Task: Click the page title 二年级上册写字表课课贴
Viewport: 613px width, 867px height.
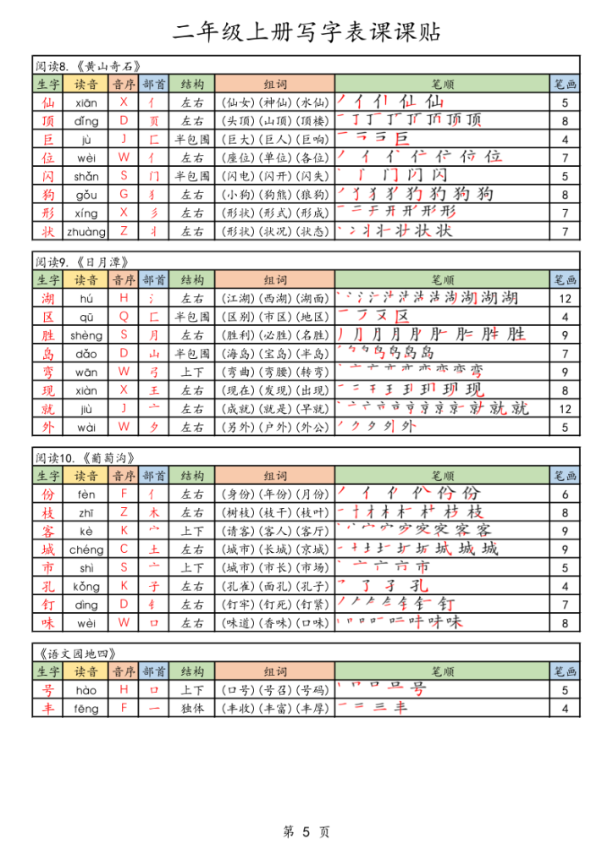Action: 306,33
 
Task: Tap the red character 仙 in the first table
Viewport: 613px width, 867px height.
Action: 47,102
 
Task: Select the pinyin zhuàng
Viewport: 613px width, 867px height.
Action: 86,231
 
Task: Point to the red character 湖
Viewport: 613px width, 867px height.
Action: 47,298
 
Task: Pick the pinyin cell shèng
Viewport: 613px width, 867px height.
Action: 86,335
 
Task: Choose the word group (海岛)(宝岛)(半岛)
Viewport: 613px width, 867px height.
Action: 274,354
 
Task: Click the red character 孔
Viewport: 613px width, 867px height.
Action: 47,586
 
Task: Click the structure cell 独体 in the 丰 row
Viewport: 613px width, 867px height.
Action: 192,709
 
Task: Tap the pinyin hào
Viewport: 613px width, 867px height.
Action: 86,690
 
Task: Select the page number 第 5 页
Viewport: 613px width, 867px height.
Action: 306,832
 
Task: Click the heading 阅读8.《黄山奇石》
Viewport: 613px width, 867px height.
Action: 87,66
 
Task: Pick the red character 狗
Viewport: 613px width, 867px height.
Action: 47,195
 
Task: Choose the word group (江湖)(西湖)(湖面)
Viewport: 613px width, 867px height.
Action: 274,298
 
